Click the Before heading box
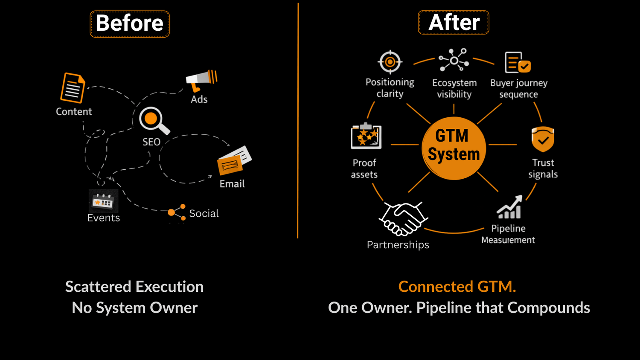coord(130,24)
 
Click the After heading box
coord(454,23)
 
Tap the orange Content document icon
coord(73,88)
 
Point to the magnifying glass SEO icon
coord(153,120)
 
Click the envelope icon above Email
coord(234,161)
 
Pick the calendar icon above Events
coord(103,201)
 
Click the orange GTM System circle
coord(454,148)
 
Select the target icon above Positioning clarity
coord(390,62)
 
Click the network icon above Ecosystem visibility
coord(454,60)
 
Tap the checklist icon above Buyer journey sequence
coord(518,63)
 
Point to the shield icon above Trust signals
coord(543,139)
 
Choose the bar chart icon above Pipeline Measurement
coord(509,208)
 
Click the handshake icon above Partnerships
coord(403,219)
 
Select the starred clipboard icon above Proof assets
coord(366,136)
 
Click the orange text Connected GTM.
coord(457,287)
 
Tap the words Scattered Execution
coord(134,287)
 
